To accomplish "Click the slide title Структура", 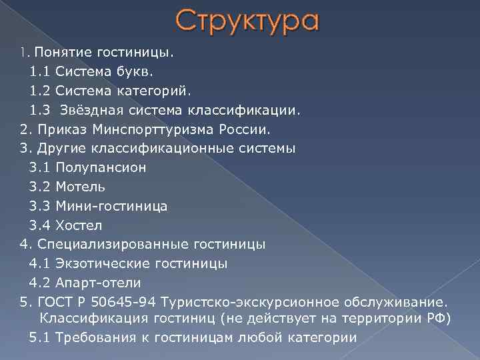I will (x=248, y=21).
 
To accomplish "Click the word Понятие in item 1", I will (x=61, y=52).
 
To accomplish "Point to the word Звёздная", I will (x=93, y=109).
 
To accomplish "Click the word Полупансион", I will (x=101, y=167).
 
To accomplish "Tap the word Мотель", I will (x=81, y=187).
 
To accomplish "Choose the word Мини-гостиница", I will (x=112, y=206).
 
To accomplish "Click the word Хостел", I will (x=79, y=225).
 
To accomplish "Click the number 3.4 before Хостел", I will (x=39, y=225).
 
